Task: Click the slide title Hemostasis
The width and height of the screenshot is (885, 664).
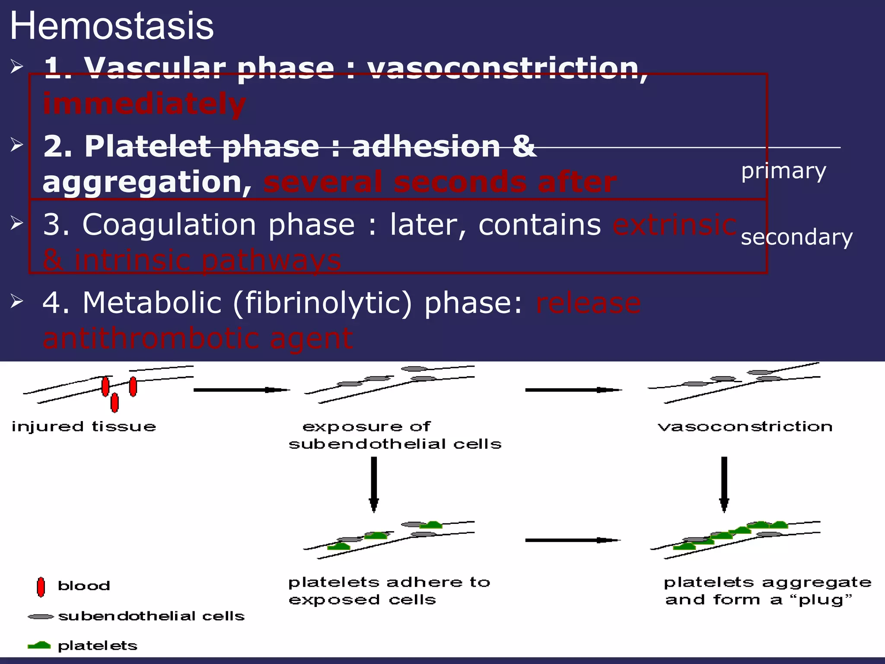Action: tap(111, 26)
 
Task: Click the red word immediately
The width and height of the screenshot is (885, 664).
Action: tap(144, 104)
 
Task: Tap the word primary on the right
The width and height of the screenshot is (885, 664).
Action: tap(783, 171)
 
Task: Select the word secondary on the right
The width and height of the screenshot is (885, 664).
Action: tap(796, 237)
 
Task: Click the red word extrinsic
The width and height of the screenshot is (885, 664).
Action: tap(674, 225)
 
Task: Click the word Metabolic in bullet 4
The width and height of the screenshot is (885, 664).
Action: tap(152, 303)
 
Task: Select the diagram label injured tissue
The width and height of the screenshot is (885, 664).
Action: tap(83, 427)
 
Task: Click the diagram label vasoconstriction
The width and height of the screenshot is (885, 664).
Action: tap(745, 427)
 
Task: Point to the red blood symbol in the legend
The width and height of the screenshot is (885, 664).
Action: tap(41, 587)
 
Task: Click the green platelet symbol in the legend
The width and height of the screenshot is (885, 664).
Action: tap(39, 645)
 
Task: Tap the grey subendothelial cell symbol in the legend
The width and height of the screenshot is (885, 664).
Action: tap(41, 616)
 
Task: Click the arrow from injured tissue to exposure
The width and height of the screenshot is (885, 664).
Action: tap(241, 390)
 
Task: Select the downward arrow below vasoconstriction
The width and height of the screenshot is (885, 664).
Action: tap(724, 484)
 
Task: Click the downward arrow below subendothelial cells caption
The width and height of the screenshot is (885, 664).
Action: tap(374, 484)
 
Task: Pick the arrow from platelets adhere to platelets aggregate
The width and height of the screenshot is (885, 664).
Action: tap(573, 540)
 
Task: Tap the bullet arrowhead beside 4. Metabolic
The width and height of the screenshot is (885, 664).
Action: tap(16, 301)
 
